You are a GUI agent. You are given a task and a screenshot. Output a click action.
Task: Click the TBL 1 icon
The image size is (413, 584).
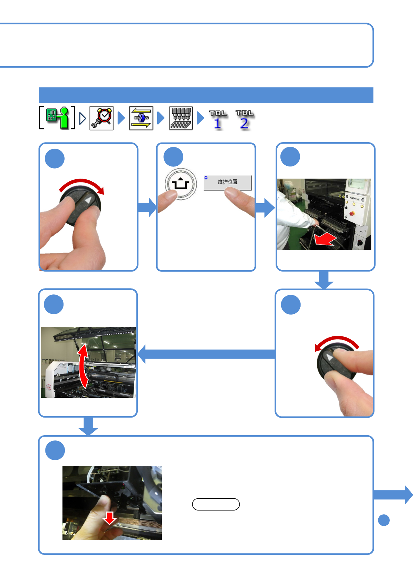pyautogui.click(x=218, y=119)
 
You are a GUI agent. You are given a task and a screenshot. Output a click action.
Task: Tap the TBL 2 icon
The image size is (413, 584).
pyautogui.click(x=245, y=119)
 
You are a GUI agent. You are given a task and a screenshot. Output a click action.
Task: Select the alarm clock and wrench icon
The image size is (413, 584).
pyautogui.click(x=101, y=118)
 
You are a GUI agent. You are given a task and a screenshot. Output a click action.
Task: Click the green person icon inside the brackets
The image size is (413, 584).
pyautogui.click(x=57, y=118)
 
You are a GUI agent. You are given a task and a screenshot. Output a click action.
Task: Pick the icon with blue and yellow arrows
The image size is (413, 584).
pyautogui.click(x=141, y=118)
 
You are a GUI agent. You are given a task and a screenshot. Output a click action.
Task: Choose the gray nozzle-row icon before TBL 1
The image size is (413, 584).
pyautogui.click(x=181, y=118)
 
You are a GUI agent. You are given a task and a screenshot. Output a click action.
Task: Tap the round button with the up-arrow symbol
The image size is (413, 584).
pyautogui.click(x=180, y=184)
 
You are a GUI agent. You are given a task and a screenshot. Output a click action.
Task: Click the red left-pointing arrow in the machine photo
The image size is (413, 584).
pyautogui.click(x=325, y=239)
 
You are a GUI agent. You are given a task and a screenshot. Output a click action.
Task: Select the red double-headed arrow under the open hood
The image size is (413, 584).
pyautogui.click(x=83, y=366)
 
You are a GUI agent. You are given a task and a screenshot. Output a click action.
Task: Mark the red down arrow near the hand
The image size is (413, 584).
pyautogui.click(x=110, y=518)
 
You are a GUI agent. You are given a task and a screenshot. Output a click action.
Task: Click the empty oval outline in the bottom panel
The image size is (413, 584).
pyautogui.click(x=216, y=504)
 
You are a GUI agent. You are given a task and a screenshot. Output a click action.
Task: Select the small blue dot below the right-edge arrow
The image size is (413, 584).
pyautogui.click(x=384, y=520)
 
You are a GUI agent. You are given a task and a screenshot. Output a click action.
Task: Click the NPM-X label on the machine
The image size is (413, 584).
pyautogui.click(x=354, y=199)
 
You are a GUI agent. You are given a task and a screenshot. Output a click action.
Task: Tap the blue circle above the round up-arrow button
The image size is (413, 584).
pyautogui.click(x=173, y=157)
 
